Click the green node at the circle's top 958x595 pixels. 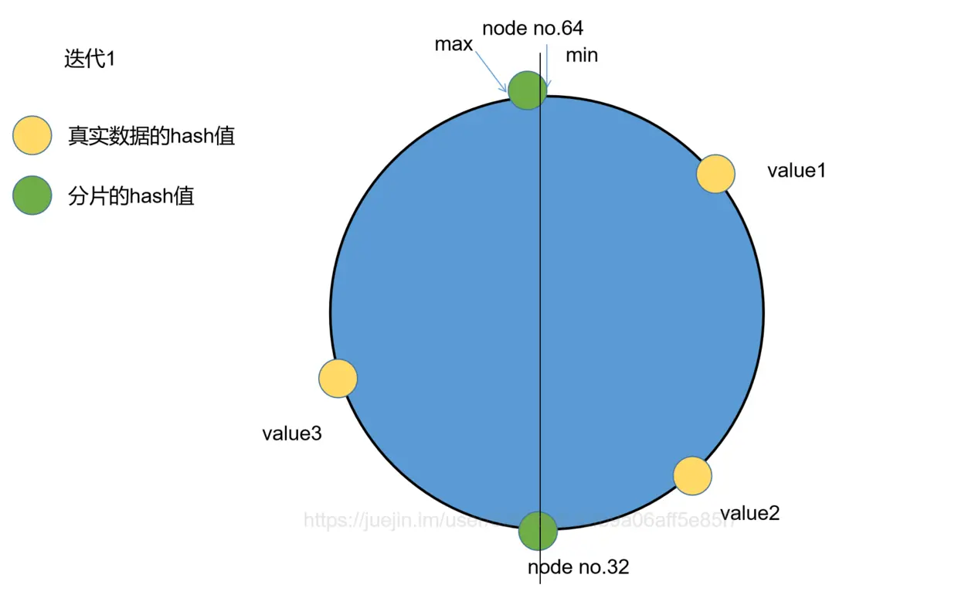(527, 90)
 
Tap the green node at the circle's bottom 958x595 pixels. (538, 531)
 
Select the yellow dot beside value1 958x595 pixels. (715, 173)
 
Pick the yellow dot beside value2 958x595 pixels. (692, 475)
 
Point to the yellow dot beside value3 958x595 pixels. (338, 379)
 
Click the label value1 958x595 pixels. (796, 171)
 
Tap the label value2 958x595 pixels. (749, 513)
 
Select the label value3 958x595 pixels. (291, 433)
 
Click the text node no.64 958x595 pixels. (532, 29)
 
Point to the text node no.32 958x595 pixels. (578, 567)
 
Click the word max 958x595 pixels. (454, 44)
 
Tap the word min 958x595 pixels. (582, 56)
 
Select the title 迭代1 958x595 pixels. (90, 59)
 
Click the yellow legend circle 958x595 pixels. (32, 136)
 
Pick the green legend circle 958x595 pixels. (32, 195)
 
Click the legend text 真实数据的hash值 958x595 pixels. (151, 137)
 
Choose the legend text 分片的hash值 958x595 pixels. (131, 196)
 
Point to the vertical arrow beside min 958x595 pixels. (546, 66)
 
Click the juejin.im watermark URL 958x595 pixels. (518, 520)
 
